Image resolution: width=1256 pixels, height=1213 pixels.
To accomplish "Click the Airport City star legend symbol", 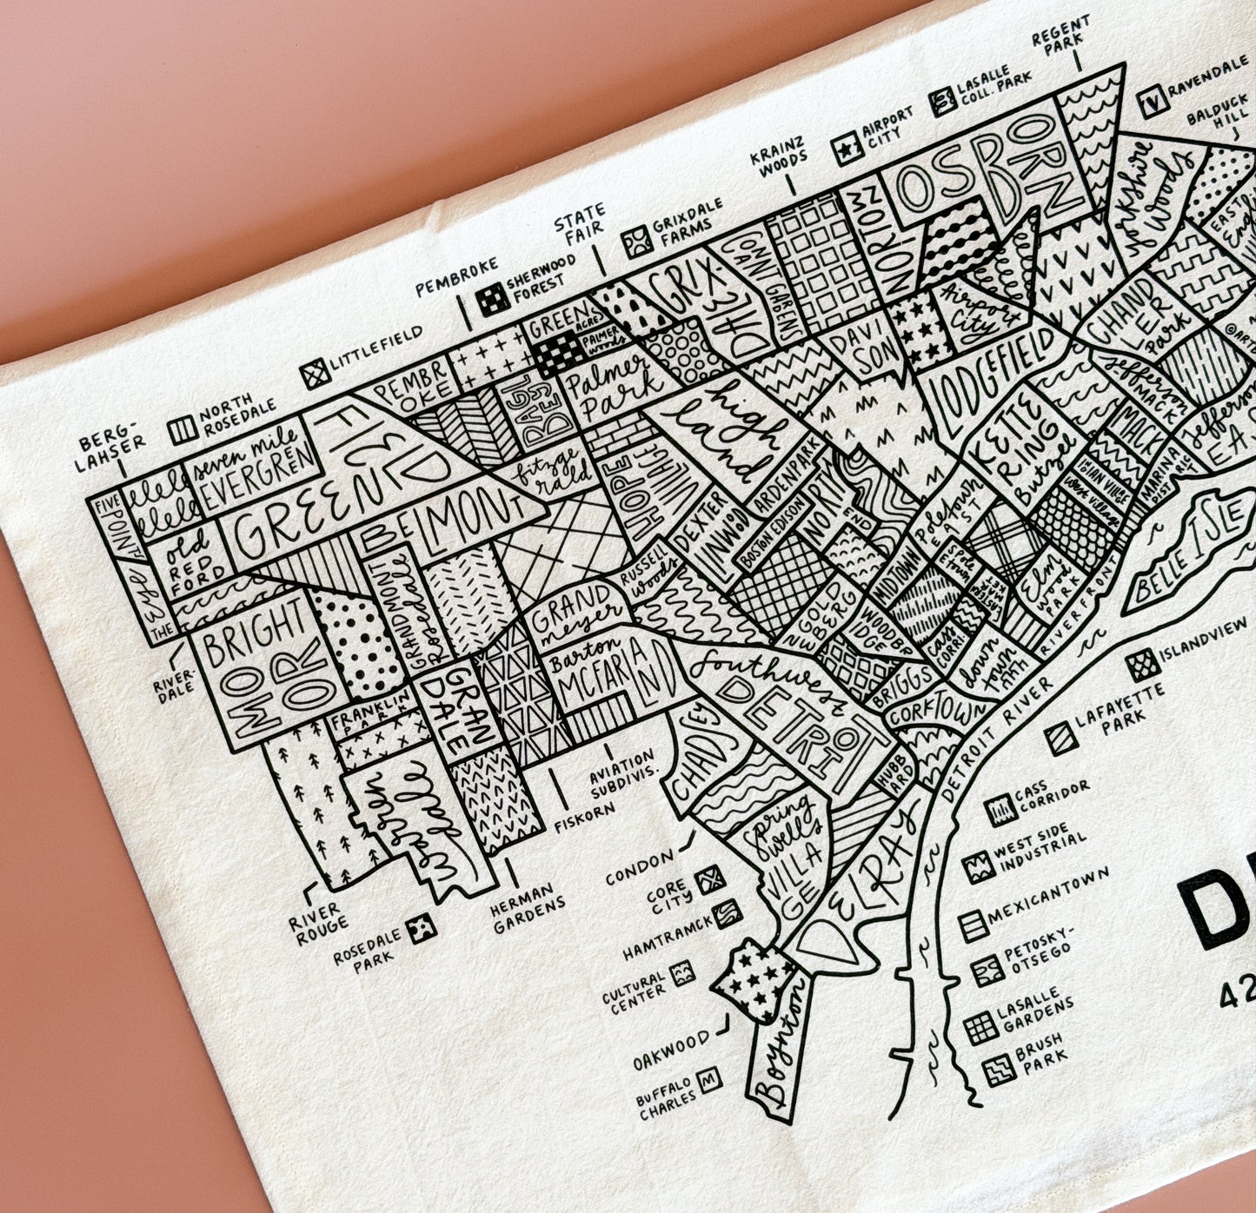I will click(843, 149).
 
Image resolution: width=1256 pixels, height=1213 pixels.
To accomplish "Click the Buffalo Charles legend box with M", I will click(710, 1077).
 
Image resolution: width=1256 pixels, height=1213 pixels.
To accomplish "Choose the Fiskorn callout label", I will click(584, 816).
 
